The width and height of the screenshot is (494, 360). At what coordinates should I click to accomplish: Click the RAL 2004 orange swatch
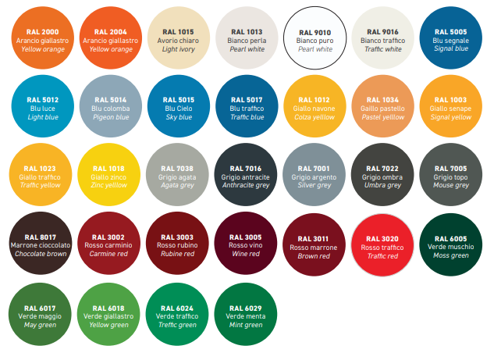coord(111,37)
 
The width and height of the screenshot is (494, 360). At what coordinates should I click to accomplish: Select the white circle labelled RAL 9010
coord(315,37)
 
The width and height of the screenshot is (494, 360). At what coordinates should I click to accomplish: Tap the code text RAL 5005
coord(451,32)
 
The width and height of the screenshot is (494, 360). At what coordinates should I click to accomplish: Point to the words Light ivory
coord(178,49)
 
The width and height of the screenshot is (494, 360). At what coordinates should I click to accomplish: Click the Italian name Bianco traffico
coord(382,41)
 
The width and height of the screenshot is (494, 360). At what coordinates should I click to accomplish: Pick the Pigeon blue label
coord(111,117)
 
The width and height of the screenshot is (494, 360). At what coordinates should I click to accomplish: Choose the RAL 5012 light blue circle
coord(42,106)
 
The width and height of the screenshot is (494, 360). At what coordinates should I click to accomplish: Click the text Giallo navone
coord(314,109)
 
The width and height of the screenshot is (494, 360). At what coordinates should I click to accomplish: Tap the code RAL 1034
coord(382,100)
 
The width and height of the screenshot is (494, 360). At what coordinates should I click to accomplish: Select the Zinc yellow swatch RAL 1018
coord(108,175)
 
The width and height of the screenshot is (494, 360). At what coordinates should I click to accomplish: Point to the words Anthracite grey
coord(246,185)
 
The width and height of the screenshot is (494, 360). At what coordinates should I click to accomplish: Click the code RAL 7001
coord(314,169)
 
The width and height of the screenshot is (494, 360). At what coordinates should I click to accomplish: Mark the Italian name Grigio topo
coord(450,177)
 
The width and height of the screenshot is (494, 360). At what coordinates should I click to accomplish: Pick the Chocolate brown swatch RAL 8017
coord(41,243)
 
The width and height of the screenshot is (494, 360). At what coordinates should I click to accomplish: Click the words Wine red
coord(246,254)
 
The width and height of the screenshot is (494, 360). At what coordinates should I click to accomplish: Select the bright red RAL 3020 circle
coord(382,245)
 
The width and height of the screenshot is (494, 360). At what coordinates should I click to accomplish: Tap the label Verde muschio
coord(450,247)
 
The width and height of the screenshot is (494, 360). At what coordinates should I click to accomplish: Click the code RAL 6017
coord(40,308)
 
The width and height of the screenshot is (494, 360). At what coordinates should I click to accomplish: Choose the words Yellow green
coord(108,325)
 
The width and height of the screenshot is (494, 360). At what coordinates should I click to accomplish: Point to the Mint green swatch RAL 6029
coord(246,314)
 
